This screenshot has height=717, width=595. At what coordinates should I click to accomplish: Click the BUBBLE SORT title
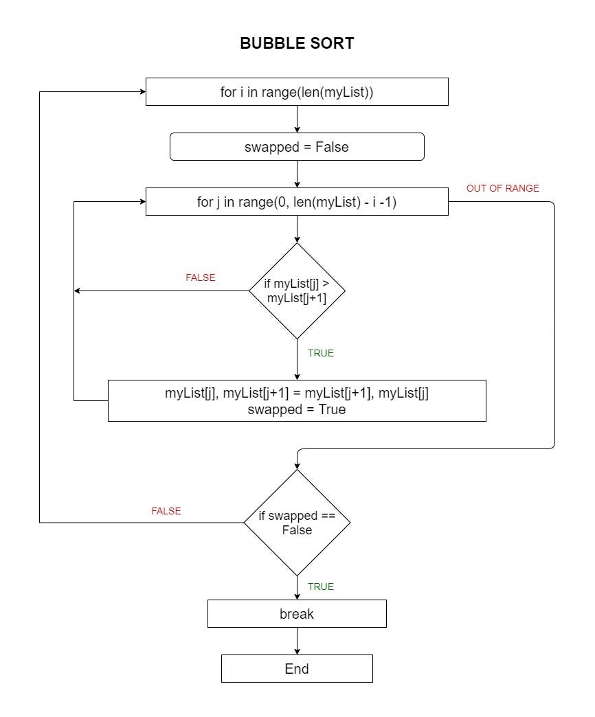[297, 43]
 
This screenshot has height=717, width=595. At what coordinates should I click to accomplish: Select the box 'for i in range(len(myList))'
[297, 92]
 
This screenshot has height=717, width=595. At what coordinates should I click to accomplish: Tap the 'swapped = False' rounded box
[297, 147]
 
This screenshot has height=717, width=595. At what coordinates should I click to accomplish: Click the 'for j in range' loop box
[297, 202]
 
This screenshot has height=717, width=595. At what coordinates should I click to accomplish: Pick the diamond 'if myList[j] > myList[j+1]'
[297, 291]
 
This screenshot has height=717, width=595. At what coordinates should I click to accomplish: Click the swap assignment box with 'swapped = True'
[297, 401]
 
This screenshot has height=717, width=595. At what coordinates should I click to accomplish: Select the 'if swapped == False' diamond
[297, 523]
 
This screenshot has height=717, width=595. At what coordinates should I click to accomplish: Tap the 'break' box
[297, 614]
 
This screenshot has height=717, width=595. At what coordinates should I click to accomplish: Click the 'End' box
[297, 669]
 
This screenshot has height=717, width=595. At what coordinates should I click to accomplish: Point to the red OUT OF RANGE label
[503, 188]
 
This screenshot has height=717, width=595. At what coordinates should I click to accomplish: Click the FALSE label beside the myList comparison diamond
[201, 277]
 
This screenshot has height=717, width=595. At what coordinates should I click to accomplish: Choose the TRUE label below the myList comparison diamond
[321, 353]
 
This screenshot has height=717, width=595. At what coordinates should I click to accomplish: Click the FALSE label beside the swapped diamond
[166, 511]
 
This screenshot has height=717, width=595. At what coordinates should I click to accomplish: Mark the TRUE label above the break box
[321, 587]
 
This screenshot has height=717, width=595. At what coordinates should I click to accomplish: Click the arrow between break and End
[297, 641]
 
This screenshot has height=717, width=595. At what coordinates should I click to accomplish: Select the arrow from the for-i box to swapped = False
[297, 119]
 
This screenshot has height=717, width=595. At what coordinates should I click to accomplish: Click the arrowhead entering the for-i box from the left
[141, 92]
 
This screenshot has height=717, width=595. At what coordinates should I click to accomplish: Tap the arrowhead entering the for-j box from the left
[141, 202]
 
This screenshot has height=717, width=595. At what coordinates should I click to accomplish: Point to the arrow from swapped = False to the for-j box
[297, 174]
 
